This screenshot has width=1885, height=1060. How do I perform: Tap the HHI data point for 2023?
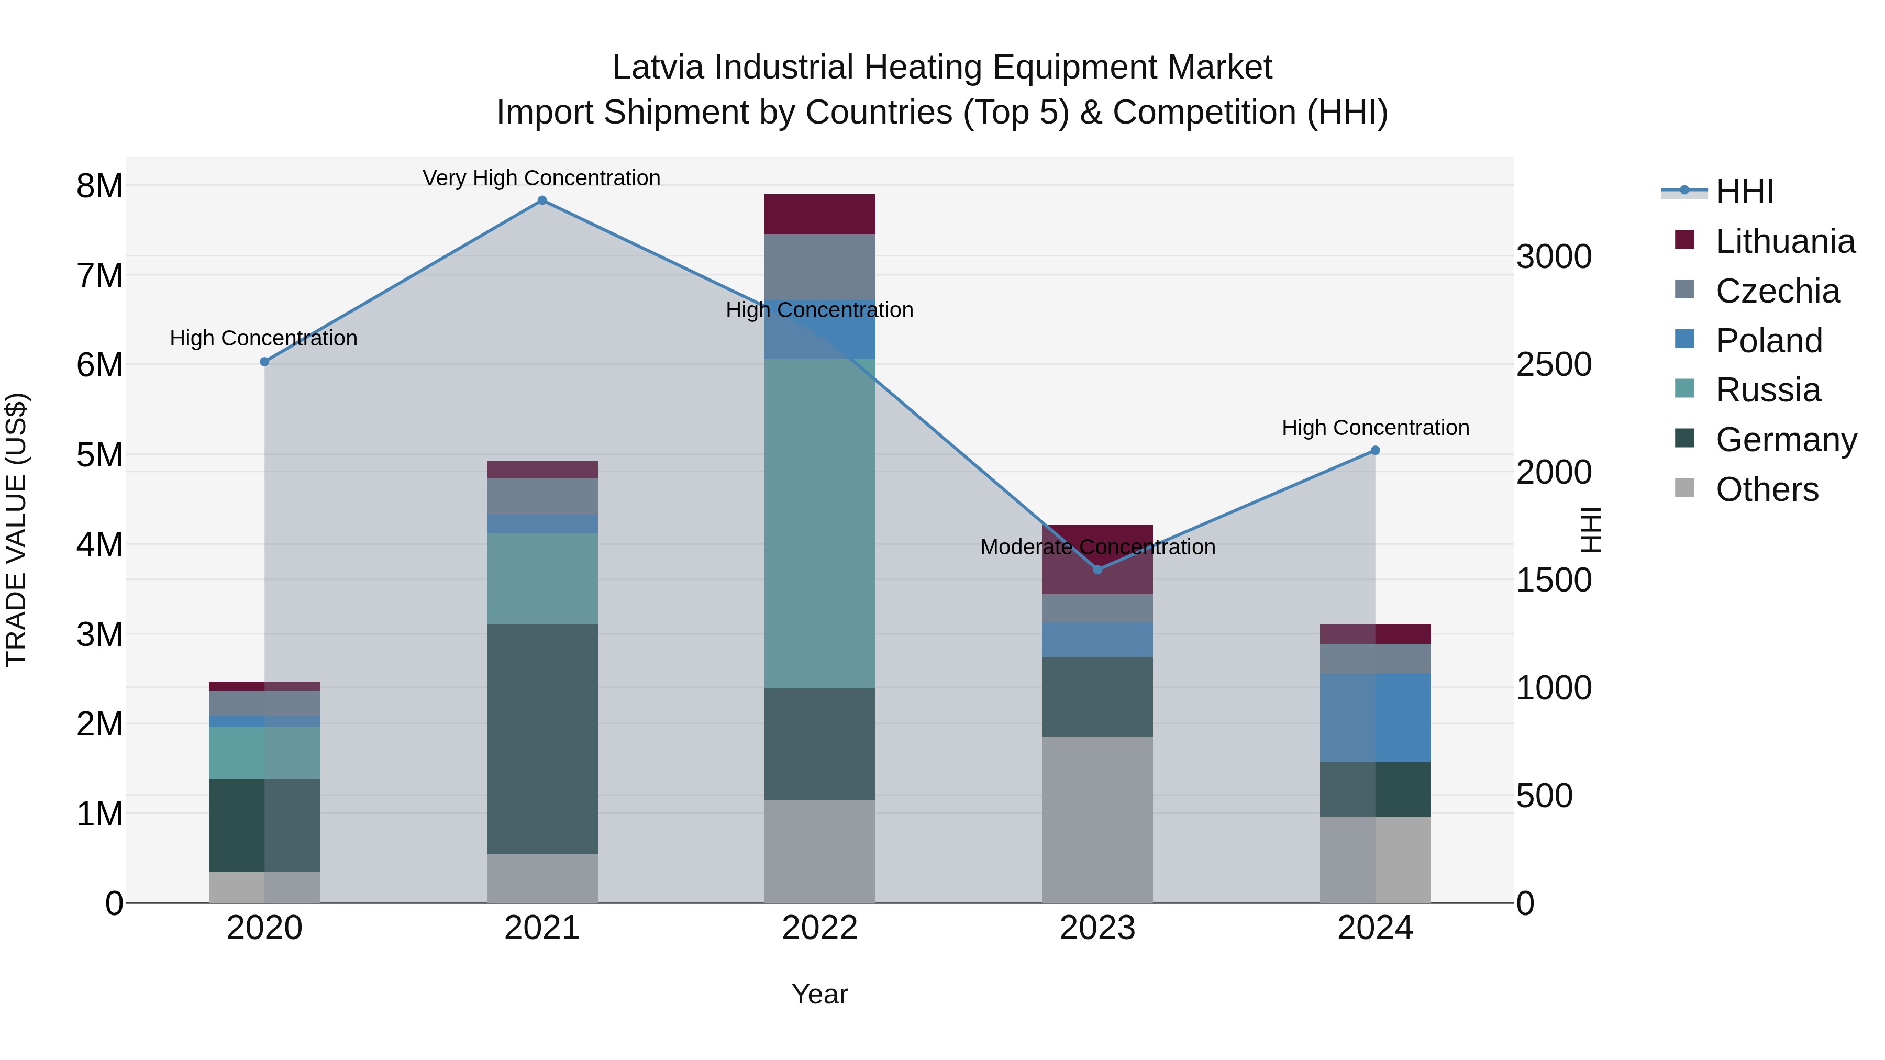point(1097,569)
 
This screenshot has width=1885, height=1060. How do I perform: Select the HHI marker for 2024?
point(1375,451)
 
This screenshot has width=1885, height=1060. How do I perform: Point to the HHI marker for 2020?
point(265,361)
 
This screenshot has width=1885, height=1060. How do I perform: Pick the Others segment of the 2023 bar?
point(1097,819)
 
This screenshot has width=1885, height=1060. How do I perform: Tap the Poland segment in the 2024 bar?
point(1375,717)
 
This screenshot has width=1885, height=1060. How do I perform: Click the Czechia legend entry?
point(1777,291)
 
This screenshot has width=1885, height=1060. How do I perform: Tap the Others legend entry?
point(1767,489)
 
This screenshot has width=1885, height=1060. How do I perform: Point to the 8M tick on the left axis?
point(99,186)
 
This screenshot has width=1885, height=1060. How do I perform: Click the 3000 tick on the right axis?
point(1553,257)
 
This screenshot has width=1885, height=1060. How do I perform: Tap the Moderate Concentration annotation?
point(1097,546)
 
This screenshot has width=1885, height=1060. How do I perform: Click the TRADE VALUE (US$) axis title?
point(16,530)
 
